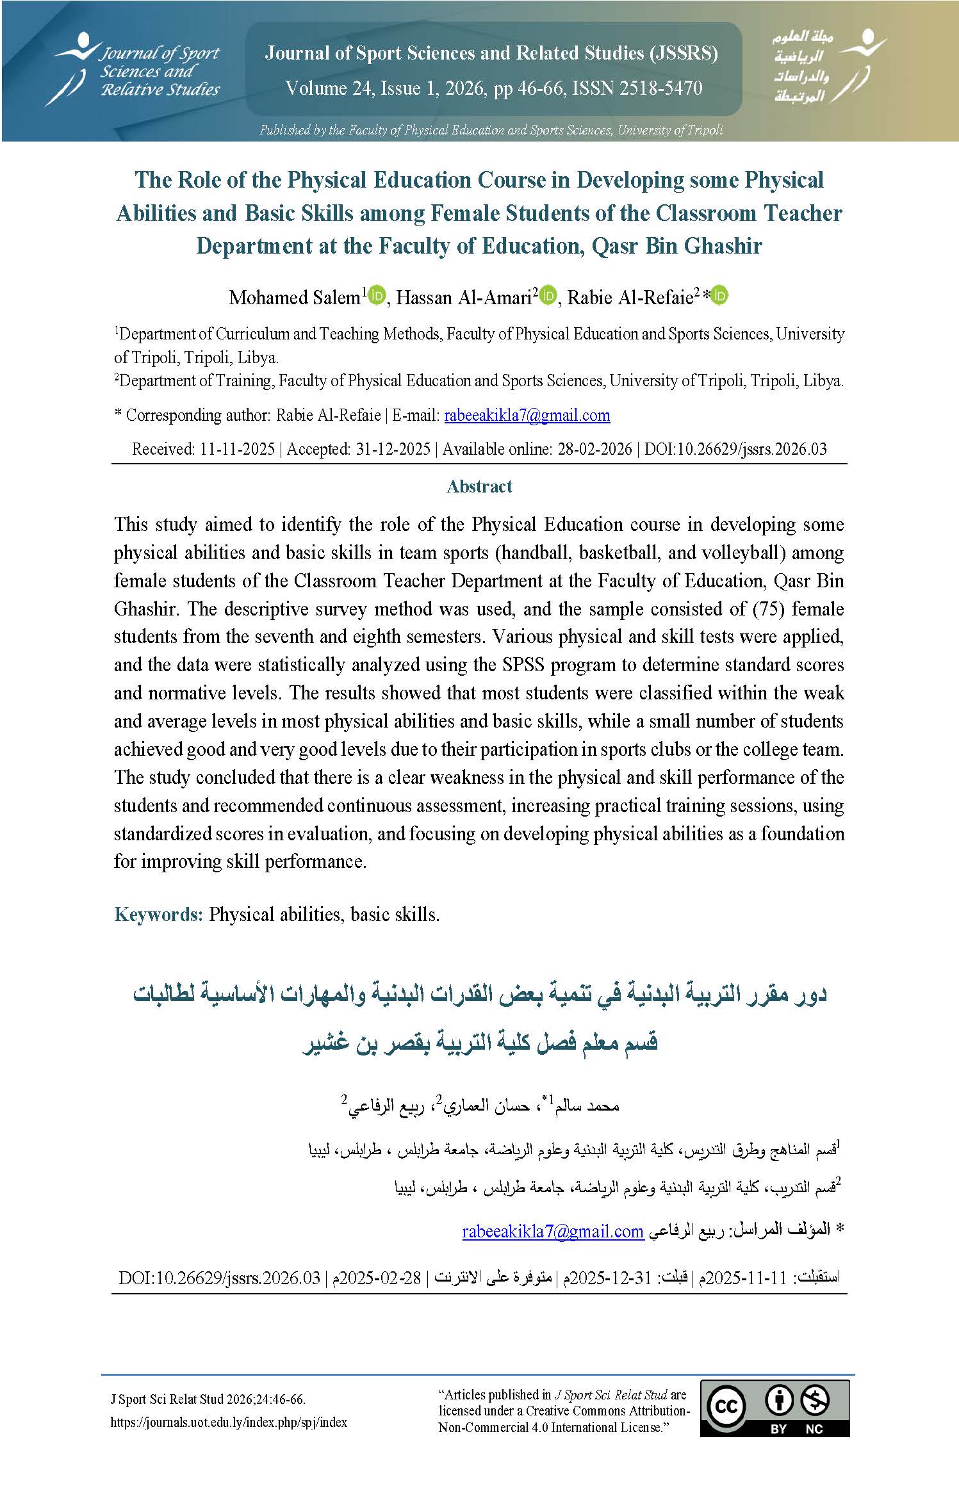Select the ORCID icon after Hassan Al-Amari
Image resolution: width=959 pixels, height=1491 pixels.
point(548,296)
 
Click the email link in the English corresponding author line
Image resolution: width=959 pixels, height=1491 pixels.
point(527,415)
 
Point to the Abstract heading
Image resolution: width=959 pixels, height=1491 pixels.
point(479,487)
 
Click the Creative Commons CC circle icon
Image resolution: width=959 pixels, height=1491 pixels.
point(726,1407)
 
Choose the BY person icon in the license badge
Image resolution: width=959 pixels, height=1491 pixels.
point(780,1401)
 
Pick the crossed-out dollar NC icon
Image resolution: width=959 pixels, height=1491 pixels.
point(815,1401)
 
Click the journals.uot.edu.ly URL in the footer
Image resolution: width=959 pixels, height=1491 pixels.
point(229,1422)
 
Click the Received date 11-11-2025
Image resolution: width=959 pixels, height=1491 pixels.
point(237,449)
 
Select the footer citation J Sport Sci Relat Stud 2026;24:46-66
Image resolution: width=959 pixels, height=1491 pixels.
point(208,1399)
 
